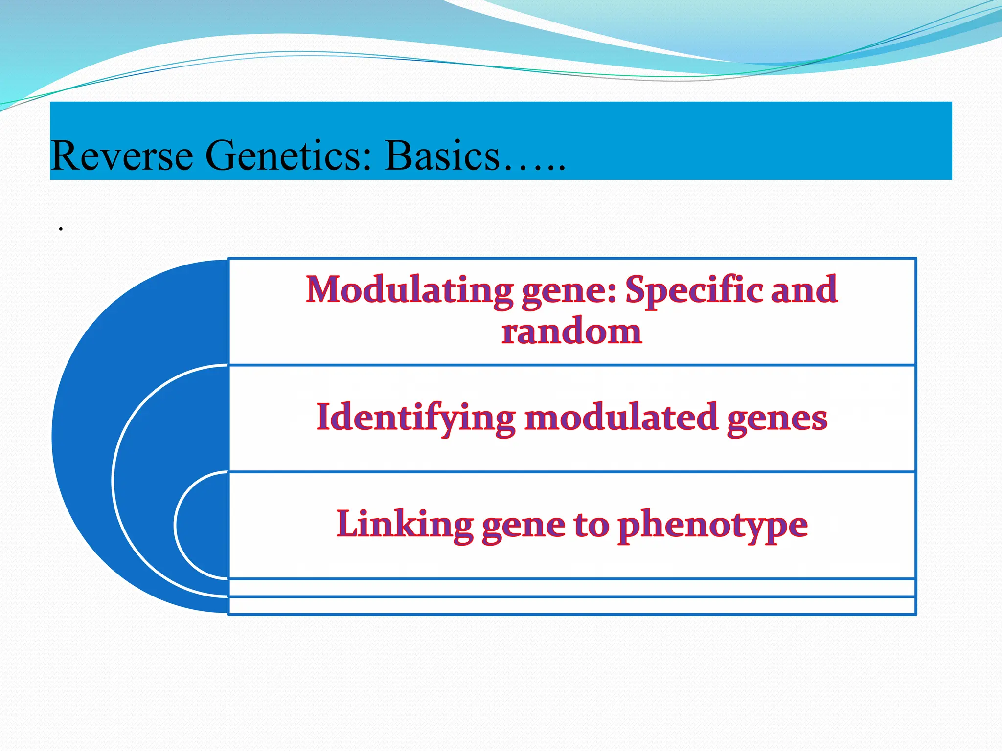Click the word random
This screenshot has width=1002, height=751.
point(571,331)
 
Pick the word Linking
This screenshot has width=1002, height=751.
point(405,524)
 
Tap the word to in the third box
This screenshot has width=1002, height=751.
point(592,525)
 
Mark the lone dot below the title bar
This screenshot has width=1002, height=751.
point(61,229)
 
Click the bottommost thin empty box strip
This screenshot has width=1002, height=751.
point(571,605)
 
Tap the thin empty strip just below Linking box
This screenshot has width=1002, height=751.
point(571,588)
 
